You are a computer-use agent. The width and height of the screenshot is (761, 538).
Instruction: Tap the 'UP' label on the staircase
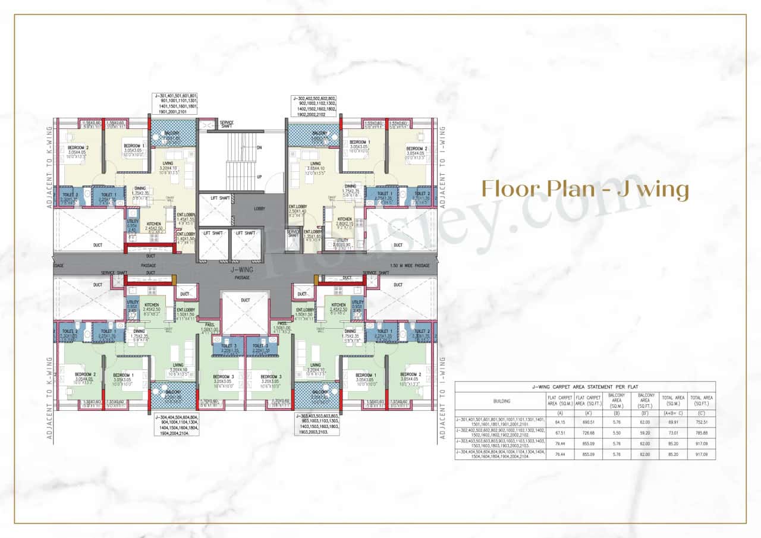pos(259,177)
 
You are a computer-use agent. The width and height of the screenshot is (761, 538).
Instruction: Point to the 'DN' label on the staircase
pos(259,147)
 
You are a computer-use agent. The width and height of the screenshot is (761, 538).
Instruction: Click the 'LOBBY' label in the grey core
pos(259,209)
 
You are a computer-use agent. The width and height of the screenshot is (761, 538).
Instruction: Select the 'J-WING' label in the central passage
pos(242,270)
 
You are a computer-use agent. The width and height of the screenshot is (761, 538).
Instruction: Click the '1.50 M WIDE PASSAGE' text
pos(411,266)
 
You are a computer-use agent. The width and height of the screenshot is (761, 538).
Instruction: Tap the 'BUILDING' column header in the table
pos(501,401)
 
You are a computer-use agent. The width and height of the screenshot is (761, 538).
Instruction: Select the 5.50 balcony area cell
pos(617,433)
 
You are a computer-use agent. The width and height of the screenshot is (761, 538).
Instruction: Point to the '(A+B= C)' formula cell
pos(672,413)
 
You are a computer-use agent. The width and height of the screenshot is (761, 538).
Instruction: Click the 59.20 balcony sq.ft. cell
pos(644,433)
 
